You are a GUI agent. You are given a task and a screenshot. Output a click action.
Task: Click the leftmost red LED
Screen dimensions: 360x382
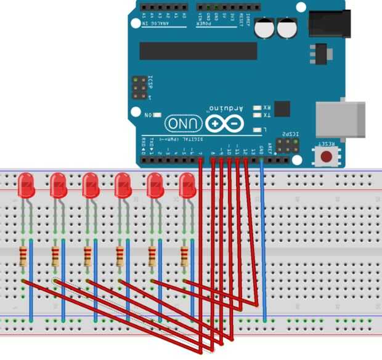point(26,184)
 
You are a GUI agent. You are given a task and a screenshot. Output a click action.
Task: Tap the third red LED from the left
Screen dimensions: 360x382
point(91,184)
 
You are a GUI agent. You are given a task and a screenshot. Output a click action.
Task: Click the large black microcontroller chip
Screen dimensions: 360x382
point(198,51)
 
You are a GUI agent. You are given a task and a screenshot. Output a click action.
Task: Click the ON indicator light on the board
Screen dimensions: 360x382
point(158,115)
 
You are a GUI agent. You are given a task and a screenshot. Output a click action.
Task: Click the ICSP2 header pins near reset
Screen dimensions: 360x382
point(286,146)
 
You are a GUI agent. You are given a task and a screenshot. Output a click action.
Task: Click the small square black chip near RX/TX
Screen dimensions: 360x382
point(282,108)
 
